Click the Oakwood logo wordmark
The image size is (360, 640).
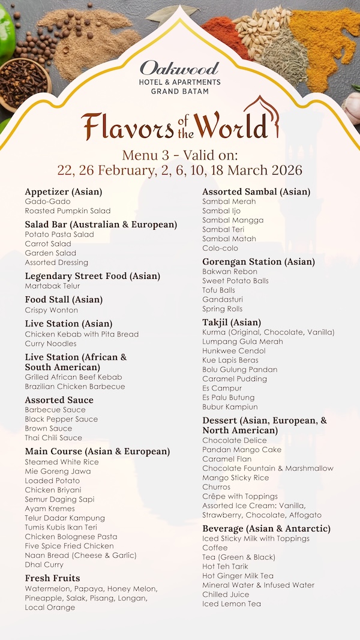pos(179,68)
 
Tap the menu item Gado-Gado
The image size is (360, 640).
pos(47,202)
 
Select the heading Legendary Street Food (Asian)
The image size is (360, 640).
pos(92,276)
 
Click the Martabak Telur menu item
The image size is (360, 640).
pos(52,286)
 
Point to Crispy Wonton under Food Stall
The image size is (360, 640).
pos(51,310)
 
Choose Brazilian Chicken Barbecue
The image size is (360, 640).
pos(75,387)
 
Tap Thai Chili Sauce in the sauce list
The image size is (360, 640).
pos(53,438)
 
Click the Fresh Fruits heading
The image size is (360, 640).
pos(52,578)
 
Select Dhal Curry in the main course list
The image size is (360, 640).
pos(44,565)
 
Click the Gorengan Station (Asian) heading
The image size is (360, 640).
pos(258,262)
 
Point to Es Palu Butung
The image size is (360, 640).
pos(228,398)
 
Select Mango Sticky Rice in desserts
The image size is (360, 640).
pos(235,478)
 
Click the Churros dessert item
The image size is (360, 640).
pos(216,487)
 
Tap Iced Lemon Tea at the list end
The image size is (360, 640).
pos(232,604)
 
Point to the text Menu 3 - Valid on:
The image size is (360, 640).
pos(179,154)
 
